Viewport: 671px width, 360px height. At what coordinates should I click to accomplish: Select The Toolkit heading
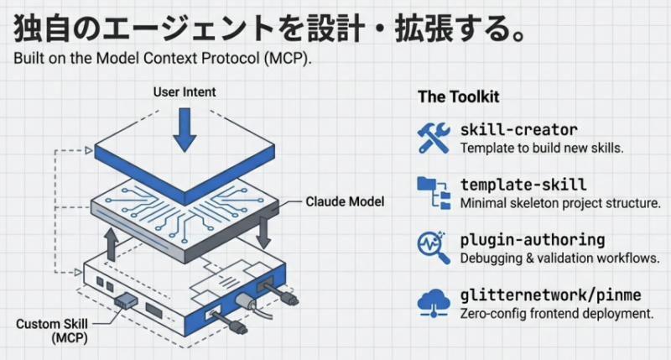(459, 97)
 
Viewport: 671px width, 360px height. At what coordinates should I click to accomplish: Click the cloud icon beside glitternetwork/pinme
(434, 302)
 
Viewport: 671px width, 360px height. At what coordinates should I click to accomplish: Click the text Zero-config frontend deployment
(556, 314)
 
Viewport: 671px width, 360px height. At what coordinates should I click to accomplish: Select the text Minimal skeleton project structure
(560, 203)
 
